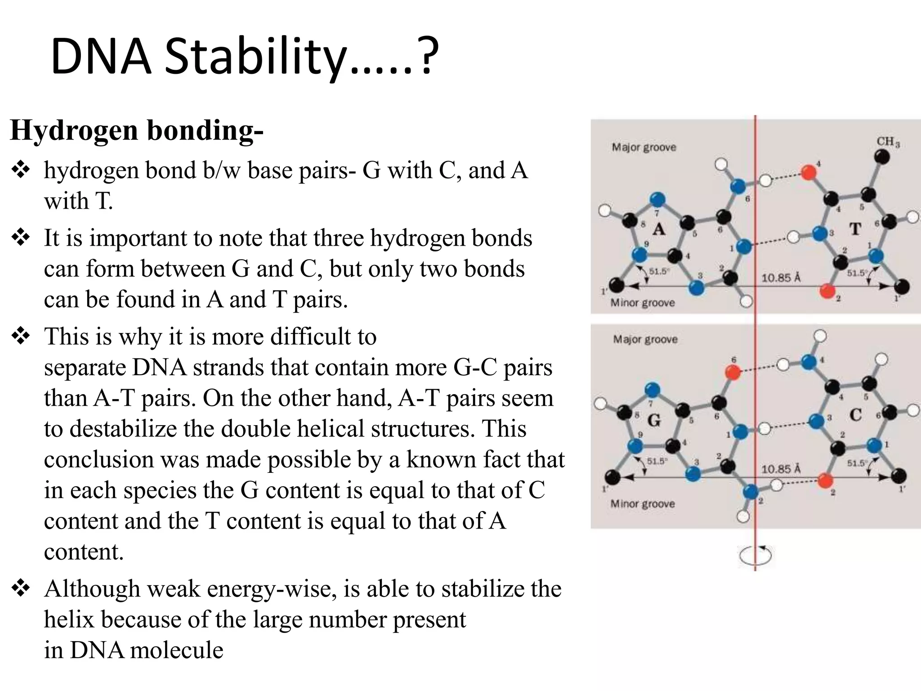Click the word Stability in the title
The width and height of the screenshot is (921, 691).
coord(255,58)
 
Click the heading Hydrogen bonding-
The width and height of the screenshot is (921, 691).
coord(136,130)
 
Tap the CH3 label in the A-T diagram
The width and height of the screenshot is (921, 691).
coord(887,142)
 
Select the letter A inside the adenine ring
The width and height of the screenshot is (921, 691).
coord(659,229)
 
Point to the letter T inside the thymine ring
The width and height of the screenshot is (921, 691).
coord(855,229)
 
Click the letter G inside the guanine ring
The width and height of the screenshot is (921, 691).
coord(654,421)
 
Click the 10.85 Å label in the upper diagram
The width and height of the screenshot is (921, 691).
coord(781,278)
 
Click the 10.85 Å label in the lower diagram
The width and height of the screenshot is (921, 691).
coord(781,469)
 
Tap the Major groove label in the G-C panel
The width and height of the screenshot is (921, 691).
coord(645,339)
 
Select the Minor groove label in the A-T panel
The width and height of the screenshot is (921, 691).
coord(642,303)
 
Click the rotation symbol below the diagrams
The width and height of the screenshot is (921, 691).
coord(755,555)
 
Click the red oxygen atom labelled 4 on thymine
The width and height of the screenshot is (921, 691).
coord(809,172)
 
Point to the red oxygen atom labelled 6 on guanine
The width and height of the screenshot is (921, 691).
coord(733,372)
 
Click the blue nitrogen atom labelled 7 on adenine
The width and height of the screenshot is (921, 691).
coord(657,199)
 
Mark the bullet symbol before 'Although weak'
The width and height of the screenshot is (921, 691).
coord(20,588)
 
